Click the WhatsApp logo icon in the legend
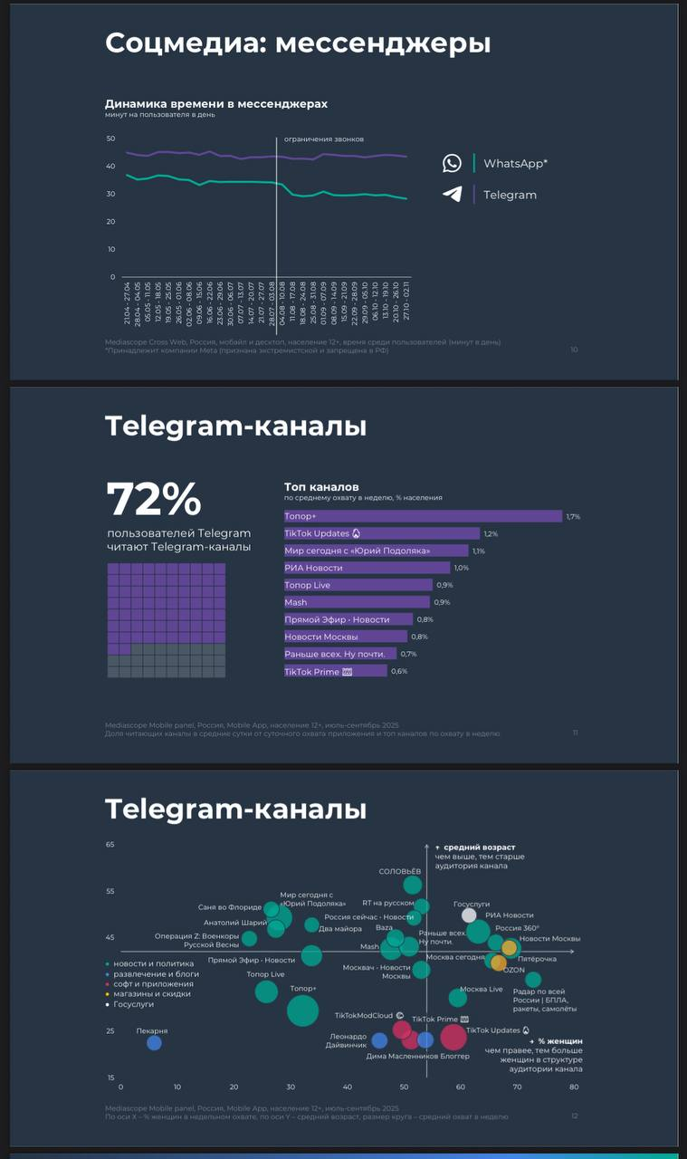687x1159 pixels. tap(452, 163)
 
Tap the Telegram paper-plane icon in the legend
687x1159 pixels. tap(452, 194)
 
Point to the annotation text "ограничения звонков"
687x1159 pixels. tap(323, 139)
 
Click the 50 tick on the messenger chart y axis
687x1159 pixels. tap(110, 139)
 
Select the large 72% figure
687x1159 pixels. tap(153, 499)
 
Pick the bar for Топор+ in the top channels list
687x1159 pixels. tap(423, 516)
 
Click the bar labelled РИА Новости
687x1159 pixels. tap(367, 568)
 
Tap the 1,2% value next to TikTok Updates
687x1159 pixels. tap(491, 534)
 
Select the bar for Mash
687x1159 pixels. tap(357, 602)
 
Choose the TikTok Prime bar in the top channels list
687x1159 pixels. tap(335, 671)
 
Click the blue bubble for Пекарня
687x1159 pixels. tap(154, 1043)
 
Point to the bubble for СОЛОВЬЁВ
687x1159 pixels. tap(413, 885)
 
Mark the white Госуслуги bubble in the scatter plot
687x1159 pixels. tap(469, 915)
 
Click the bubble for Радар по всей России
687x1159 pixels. tap(533, 980)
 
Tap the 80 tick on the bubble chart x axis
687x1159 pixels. tap(574, 1087)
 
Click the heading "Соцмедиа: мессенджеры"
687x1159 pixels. tap(298, 43)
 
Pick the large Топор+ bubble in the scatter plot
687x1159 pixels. tap(302, 1010)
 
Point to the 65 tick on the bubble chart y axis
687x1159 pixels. tap(110, 845)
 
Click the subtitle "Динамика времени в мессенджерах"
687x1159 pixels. tap(216, 104)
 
